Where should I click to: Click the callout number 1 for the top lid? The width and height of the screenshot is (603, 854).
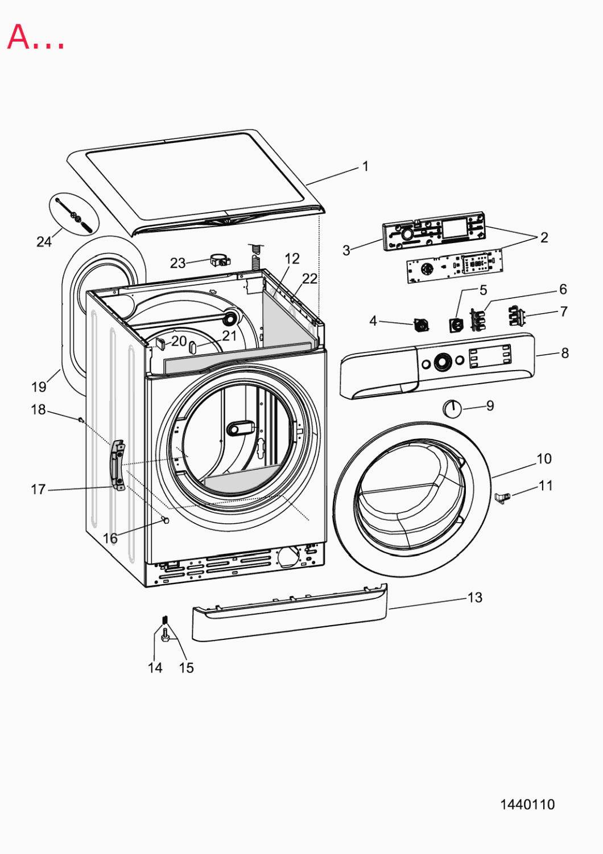365,166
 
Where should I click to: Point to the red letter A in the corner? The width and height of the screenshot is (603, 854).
18,37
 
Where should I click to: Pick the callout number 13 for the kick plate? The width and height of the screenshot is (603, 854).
474,597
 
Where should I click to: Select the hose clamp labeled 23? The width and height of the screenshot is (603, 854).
221,260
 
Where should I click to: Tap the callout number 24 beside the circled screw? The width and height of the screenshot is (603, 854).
44,241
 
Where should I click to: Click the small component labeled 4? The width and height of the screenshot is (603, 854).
421,326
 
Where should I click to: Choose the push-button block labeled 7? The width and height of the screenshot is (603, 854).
517,316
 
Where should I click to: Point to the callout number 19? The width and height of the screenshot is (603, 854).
39,387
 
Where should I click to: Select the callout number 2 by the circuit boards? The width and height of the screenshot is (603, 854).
544,237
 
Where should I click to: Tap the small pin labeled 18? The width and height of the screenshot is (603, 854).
81,420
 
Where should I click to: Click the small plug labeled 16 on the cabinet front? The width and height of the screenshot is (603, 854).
166,520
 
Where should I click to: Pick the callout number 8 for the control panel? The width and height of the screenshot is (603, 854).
565,353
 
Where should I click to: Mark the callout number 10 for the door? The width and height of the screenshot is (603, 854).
544,459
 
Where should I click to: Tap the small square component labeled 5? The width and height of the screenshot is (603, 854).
456,325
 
